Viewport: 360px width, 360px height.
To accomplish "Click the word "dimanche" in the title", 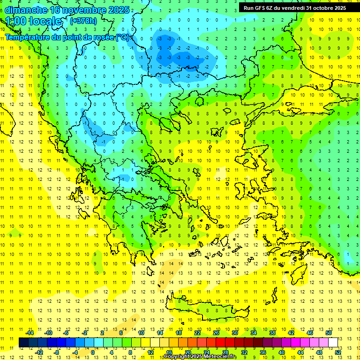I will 26,10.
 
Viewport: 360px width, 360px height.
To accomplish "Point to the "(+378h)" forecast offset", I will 83,21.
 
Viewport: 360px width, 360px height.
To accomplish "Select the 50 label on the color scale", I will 329,333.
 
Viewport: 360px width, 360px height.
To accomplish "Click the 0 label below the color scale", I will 92,352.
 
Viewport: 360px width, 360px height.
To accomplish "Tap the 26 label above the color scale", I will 216,333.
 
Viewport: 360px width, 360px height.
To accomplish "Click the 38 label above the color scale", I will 272,333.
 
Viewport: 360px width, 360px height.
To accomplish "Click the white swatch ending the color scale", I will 333,342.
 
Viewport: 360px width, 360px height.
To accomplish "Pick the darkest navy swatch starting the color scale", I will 23,342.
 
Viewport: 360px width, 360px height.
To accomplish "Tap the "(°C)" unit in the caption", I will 123,37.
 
